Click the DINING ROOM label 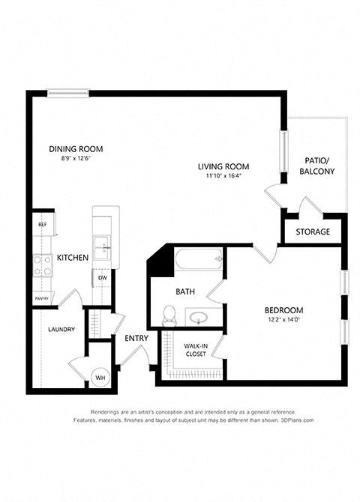[76, 148]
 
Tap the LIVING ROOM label [223, 166]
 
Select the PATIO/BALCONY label [319, 166]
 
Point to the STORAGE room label [313, 232]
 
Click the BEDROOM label [283, 310]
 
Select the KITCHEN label [73, 258]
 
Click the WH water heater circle [100, 378]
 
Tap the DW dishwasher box [101, 278]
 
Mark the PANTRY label [42, 298]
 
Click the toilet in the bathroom [169, 316]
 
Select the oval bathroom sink [199, 318]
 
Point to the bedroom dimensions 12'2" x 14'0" [283, 320]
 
